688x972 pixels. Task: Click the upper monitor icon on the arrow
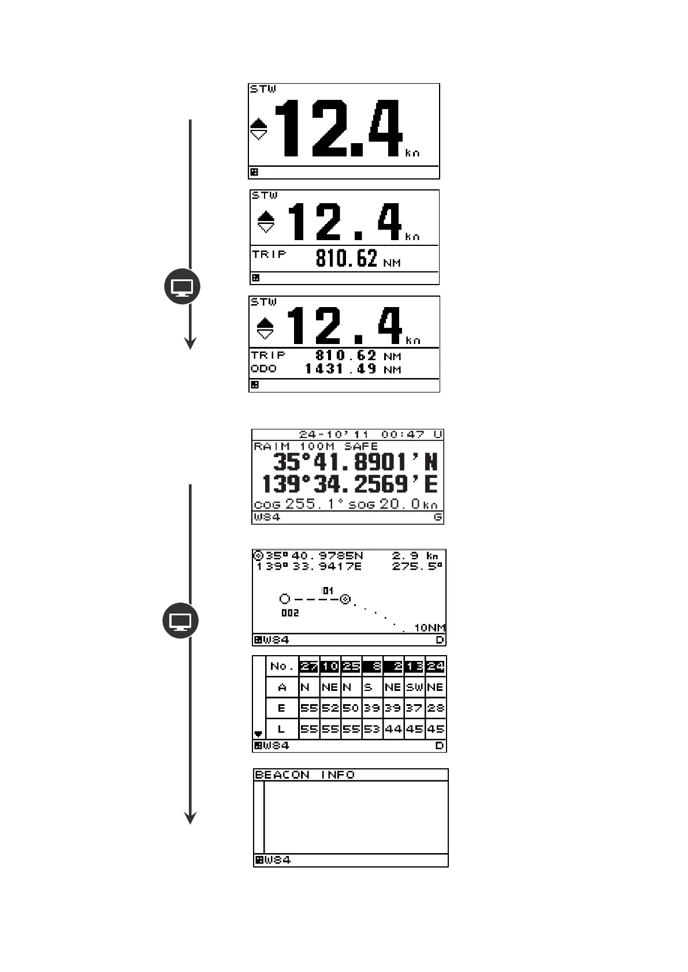(x=183, y=286)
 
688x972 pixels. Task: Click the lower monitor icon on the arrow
(x=181, y=621)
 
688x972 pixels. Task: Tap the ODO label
(x=263, y=369)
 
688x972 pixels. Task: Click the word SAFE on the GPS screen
(x=361, y=446)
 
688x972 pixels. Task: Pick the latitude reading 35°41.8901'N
(x=355, y=463)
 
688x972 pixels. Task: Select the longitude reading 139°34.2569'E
(x=349, y=484)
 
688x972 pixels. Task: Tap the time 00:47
(x=403, y=435)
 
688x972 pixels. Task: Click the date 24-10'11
(x=336, y=435)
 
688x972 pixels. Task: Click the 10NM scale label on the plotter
(x=430, y=628)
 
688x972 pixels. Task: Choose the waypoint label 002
(x=290, y=613)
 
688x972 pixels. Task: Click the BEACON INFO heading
(x=304, y=775)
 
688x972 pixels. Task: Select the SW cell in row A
(x=414, y=687)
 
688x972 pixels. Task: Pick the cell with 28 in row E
(x=435, y=708)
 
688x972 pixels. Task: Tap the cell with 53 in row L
(x=372, y=729)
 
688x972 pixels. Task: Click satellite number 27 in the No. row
(x=309, y=667)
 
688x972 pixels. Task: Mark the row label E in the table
(x=282, y=708)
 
